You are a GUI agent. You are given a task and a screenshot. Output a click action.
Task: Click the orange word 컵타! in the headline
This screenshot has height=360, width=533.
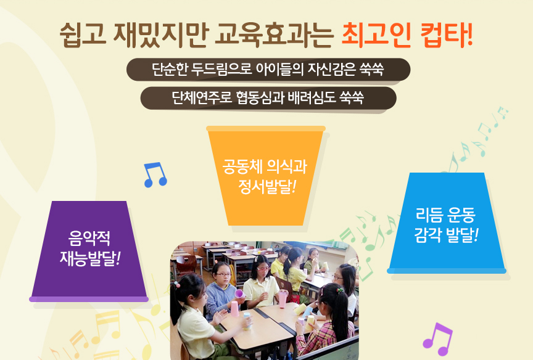click(446, 35)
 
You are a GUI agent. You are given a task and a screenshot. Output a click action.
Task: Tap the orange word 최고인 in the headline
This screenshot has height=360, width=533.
click(376, 35)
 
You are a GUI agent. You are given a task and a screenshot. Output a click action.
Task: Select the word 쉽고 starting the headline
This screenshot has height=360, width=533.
click(83, 35)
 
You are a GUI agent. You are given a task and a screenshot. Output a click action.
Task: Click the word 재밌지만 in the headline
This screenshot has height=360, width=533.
click(160, 35)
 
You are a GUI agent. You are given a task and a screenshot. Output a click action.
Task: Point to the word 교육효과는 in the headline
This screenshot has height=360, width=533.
click(274, 35)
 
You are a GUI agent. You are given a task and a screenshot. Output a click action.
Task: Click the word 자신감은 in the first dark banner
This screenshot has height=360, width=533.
click(331, 69)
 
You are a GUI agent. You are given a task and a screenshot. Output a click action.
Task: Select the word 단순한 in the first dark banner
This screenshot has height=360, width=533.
click(169, 69)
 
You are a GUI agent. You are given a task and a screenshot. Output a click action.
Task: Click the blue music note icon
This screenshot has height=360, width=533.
click(155, 174)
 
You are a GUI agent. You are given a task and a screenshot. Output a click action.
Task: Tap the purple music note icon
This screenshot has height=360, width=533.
click(437, 339)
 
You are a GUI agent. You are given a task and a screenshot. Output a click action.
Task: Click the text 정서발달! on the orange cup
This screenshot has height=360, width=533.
click(267, 186)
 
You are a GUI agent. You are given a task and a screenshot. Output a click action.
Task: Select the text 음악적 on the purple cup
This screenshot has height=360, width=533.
click(89, 238)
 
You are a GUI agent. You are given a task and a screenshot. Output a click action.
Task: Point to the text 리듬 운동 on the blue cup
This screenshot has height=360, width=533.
click(445, 215)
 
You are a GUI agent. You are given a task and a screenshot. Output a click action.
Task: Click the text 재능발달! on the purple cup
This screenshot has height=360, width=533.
click(90, 258)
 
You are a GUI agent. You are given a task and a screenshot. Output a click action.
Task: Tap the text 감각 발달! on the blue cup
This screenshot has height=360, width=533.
click(446, 235)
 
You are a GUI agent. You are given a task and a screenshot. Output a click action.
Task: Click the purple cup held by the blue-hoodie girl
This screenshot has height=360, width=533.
click(239, 294)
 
